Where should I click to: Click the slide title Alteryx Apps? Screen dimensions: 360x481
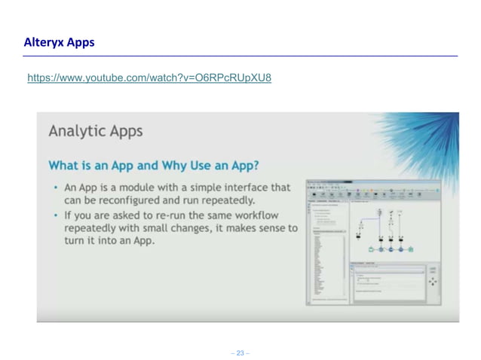coord(59,42)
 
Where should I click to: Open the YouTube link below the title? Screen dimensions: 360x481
coord(149,78)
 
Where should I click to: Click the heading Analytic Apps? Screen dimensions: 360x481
coord(95,131)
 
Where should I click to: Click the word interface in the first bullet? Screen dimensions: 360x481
coord(243,188)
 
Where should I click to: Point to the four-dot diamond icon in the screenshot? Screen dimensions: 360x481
coord(433,281)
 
